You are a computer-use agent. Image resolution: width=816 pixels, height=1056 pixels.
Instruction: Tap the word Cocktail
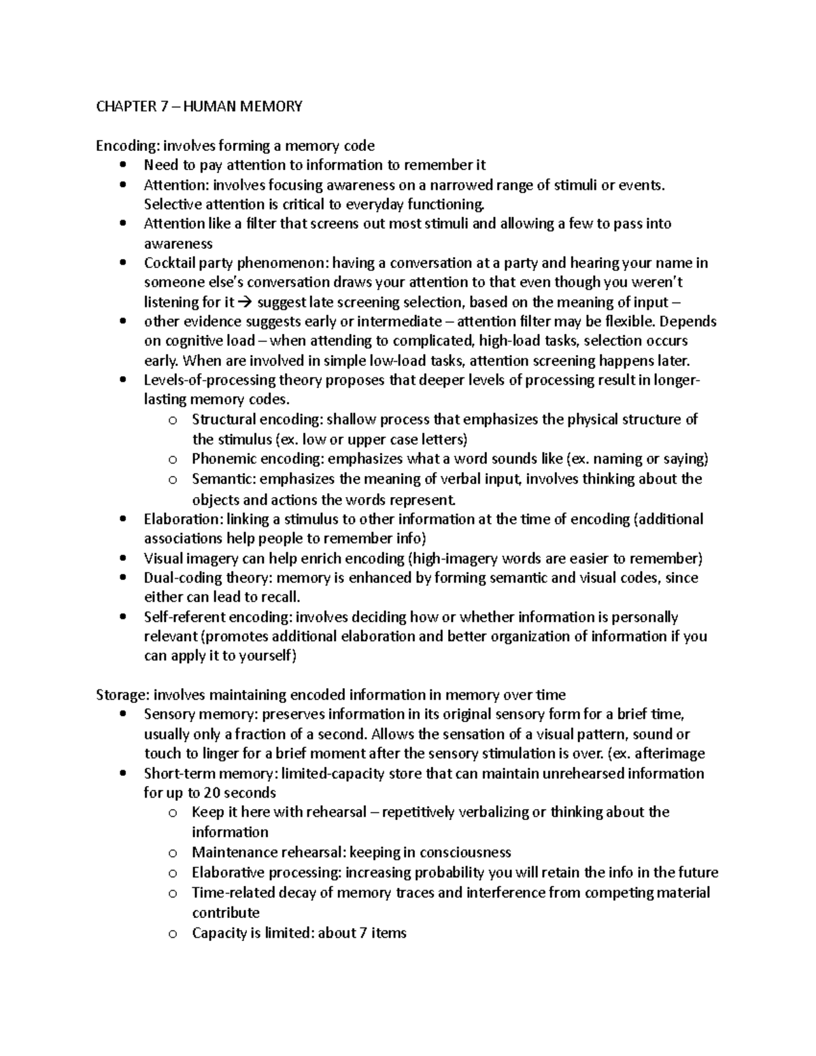167,263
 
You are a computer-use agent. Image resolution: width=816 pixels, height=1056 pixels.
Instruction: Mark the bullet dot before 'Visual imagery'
122,559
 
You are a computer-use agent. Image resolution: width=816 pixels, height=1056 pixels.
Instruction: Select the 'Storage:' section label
123,695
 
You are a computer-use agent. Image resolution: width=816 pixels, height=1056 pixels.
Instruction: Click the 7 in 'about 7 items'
363,933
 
